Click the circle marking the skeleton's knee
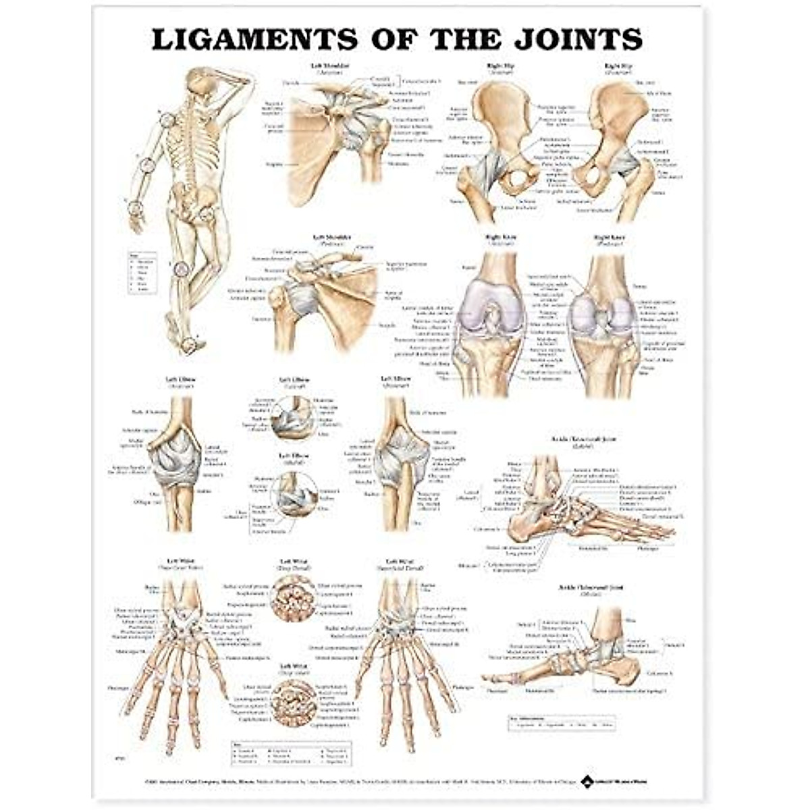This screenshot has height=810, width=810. tap(180, 269)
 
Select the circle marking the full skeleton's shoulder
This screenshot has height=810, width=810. tap(168, 120)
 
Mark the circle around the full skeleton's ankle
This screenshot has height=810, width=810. tap(190, 345)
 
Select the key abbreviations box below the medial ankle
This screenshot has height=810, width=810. tap(562, 723)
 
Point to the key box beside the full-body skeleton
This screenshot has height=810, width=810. tap(144, 272)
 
